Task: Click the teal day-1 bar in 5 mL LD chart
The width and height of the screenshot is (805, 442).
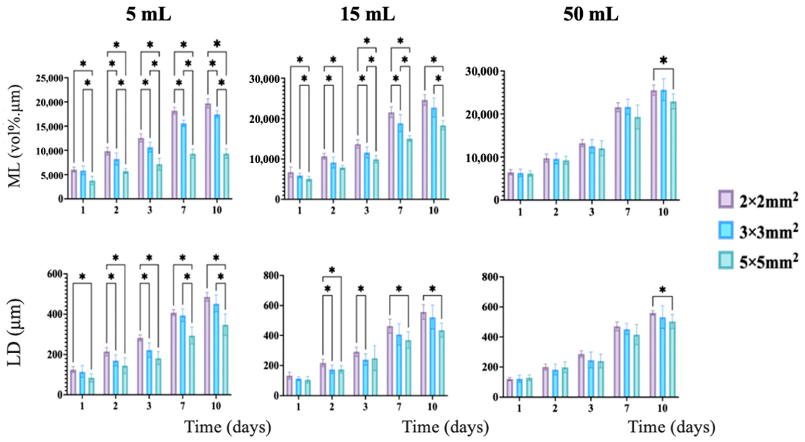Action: tap(92, 386)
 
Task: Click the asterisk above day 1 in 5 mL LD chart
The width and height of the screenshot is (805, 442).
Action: tap(82, 276)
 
